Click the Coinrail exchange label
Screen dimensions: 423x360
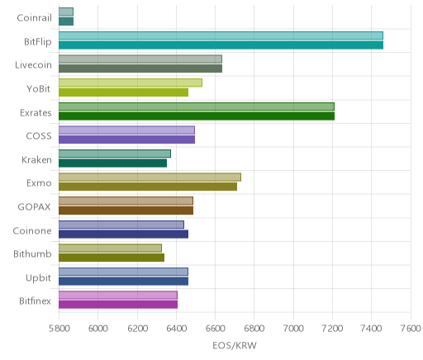34,18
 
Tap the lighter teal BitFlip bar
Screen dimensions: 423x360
221,36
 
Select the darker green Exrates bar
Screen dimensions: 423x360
197,116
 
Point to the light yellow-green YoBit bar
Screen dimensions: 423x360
131,83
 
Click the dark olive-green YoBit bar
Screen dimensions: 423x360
123,92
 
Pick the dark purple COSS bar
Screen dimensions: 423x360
126,140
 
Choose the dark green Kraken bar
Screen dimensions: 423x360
112,163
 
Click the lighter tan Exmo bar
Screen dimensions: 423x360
150,177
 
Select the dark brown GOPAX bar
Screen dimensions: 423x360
126,211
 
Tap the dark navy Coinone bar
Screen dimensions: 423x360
123,234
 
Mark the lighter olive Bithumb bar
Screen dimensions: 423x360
110,248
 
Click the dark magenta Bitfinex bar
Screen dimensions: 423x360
118,305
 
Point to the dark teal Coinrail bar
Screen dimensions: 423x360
66,21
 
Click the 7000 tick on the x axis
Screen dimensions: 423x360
293,329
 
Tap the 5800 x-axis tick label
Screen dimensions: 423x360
59,329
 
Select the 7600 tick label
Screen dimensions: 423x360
411,329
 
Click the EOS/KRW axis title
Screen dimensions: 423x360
235,345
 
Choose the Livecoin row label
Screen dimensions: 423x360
33,65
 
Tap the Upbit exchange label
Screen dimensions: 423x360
38,277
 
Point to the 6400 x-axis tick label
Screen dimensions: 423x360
176,329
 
